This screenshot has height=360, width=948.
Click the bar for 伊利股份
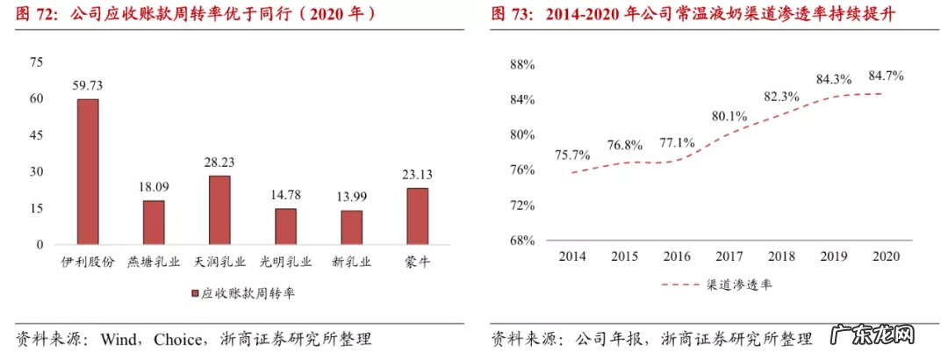[88, 171]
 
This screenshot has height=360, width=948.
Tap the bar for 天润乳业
[219, 210]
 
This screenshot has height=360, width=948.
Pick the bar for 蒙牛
[417, 216]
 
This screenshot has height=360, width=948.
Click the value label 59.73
[88, 85]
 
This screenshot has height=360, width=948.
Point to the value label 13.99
[351, 198]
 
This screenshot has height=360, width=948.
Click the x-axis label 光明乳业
[285, 261]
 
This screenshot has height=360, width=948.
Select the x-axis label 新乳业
[351, 261]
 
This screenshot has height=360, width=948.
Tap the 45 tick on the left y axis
[36, 135]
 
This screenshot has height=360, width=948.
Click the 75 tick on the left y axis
[36, 61]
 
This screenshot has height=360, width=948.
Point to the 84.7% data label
[886, 76]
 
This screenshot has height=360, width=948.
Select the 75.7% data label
[572, 155]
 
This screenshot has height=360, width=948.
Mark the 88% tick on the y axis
[522, 65]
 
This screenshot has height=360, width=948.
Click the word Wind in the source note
[118, 339]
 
